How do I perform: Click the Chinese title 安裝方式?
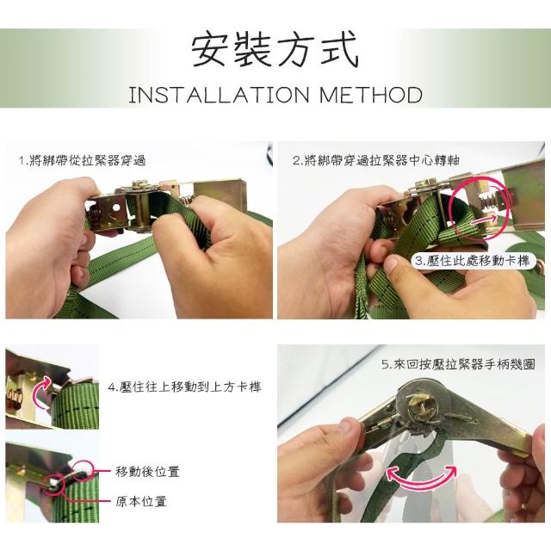pos(275,49)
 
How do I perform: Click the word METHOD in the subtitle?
pos(371,95)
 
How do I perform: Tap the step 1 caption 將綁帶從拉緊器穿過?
pos(86,161)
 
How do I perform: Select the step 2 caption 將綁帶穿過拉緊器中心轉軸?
pos(381,160)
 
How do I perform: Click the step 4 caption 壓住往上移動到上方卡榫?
pos(190,387)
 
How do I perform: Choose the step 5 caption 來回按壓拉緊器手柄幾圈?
pos(464,364)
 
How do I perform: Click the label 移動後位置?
pos(147,471)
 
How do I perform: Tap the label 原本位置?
pos(141,501)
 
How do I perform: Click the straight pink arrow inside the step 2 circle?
pos(484,220)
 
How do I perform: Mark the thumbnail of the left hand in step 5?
pos(349,428)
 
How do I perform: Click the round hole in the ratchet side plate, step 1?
pos(115,208)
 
